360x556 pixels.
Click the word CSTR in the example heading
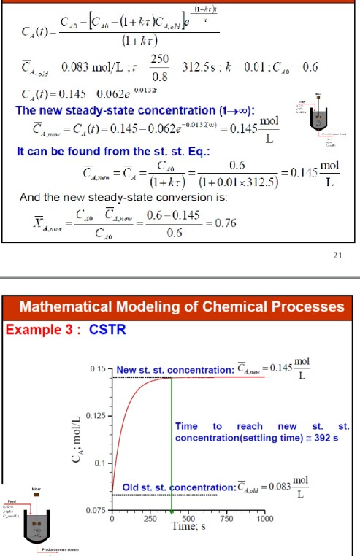pyautogui.click(x=108, y=329)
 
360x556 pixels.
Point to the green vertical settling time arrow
pyautogui.click(x=172, y=438)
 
